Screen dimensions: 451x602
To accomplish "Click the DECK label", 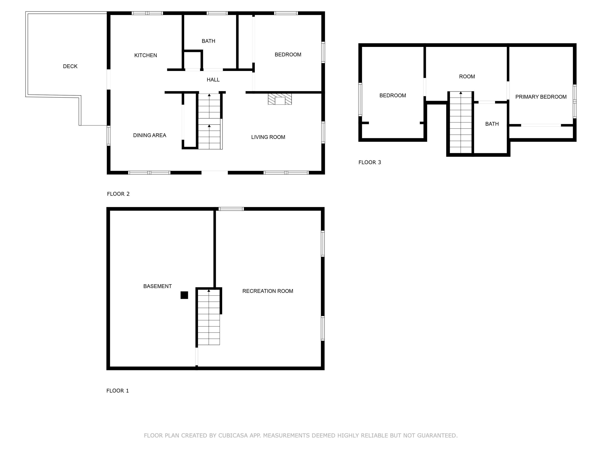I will tap(70, 66).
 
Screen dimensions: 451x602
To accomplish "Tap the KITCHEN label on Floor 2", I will tap(146, 56).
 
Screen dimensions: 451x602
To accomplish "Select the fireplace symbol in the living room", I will tap(280, 99).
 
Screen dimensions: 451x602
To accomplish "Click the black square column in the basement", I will tap(184, 295).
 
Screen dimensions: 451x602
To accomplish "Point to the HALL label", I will tap(213, 80).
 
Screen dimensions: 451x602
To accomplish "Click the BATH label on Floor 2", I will tap(208, 41).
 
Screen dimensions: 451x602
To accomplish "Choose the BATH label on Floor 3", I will tap(492, 124).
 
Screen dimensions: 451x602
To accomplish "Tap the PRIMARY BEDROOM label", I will tap(541, 97).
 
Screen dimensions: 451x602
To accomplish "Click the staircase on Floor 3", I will tap(461, 122).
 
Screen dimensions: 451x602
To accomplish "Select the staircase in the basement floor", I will tap(209, 317).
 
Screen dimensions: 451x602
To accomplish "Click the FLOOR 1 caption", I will tap(118, 391).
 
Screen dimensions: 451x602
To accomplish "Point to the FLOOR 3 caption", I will tap(370, 162).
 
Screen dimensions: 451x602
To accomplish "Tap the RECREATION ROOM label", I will tap(267, 291).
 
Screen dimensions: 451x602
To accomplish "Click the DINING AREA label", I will tap(149, 135).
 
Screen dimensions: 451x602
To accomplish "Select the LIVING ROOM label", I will tap(268, 137).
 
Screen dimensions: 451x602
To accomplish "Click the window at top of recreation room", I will tap(231, 209).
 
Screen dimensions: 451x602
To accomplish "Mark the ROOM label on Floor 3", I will tap(467, 77).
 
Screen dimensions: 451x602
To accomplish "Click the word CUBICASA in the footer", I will tap(233, 436).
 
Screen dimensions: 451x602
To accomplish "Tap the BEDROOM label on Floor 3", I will tap(393, 95).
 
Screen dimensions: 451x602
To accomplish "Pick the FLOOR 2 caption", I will tap(118, 194).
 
